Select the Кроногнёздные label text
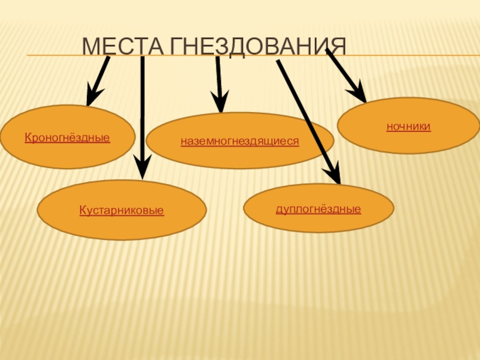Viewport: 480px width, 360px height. pyautogui.click(x=67, y=138)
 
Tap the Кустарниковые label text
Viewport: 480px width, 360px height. pyautogui.click(x=122, y=211)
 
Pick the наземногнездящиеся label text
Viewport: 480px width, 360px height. pyautogui.click(x=240, y=142)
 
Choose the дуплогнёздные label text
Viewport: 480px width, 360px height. pyautogui.click(x=318, y=209)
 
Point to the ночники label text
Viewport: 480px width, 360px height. pyautogui.click(x=408, y=127)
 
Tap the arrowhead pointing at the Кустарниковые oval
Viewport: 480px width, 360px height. pyautogui.click(x=142, y=168)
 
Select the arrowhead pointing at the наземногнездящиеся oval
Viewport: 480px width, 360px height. pyautogui.click(x=220, y=103)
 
